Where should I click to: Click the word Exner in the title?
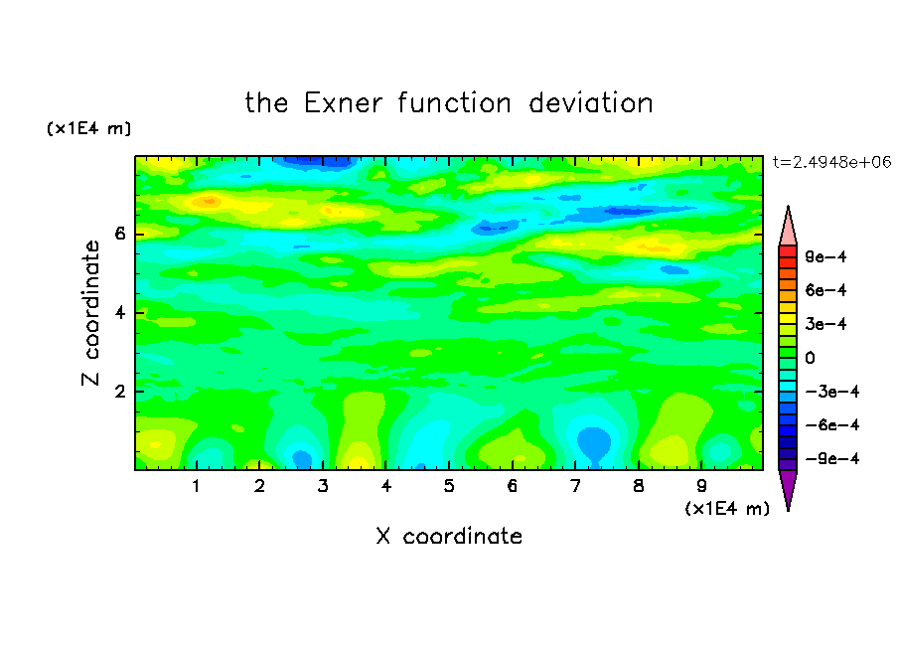click(343, 103)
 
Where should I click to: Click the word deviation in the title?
click(590, 103)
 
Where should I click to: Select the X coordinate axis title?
click(449, 536)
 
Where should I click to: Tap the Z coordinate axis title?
click(90, 312)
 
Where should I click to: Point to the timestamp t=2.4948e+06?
click(831, 162)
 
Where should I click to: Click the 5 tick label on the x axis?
click(449, 486)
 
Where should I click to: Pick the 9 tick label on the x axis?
click(701, 486)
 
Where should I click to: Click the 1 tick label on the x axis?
click(196, 486)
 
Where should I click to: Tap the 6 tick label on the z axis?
click(120, 234)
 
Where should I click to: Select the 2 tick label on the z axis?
click(120, 392)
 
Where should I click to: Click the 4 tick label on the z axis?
click(120, 313)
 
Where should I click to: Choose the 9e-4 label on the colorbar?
click(825, 256)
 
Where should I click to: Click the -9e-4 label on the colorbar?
click(832, 458)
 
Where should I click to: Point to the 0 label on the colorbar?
click(810, 358)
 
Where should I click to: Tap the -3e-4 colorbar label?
click(832, 392)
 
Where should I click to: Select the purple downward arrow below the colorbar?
click(788, 487)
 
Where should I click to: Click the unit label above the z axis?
click(88, 128)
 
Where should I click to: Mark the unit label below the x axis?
click(727, 509)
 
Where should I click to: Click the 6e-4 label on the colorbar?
click(825, 290)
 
